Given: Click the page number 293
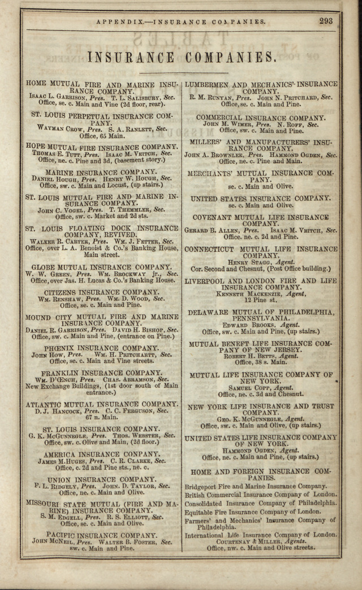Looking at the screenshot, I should (326, 21).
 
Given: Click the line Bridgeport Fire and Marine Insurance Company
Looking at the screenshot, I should (256, 486).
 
